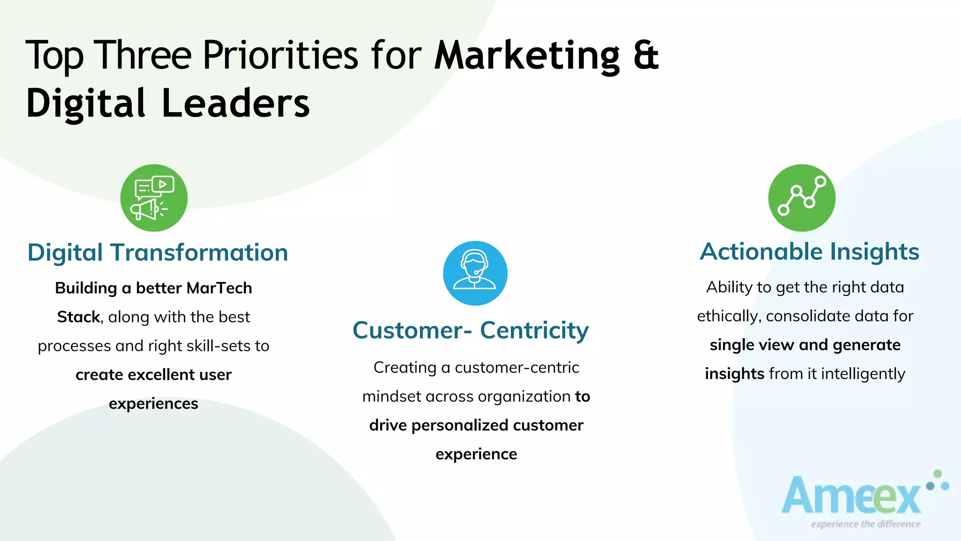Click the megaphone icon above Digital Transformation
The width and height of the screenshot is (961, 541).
click(x=153, y=198)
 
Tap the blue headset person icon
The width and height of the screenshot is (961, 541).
click(x=475, y=273)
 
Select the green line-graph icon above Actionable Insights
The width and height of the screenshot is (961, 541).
click(x=801, y=198)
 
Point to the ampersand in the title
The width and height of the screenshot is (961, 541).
click(x=646, y=55)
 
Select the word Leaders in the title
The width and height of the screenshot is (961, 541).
click(x=236, y=103)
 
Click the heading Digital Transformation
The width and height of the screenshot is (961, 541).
click(x=158, y=253)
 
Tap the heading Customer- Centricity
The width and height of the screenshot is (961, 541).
click(x=471, y=330)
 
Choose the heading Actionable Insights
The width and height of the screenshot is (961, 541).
click(x=809, y=252)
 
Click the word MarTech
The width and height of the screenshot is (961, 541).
click(x=219, y=288)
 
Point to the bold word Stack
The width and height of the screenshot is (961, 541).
click(x=78, y=317)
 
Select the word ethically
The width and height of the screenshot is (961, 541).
click(x=729, y=316)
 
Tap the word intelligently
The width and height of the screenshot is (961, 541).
click(x=863, y=374)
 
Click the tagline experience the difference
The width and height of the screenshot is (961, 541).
click(x=866, y=524)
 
